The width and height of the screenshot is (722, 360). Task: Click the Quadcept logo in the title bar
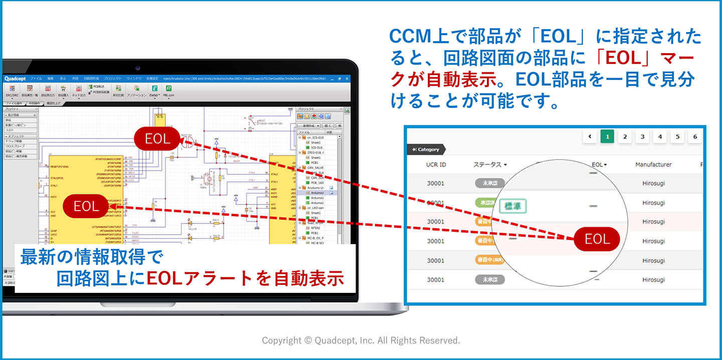[16, 79]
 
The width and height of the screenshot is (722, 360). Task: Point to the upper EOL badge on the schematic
[157, 139]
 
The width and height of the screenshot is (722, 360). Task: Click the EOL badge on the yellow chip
[87, 206]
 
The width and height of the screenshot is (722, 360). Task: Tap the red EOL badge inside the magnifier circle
[597, 239]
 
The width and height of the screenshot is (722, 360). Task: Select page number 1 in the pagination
[607, 136]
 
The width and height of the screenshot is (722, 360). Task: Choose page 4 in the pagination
[660, 136]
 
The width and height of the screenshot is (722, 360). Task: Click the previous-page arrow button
[590, 136]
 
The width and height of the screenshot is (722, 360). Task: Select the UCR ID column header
[436, 164]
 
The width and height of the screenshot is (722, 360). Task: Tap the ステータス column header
[489, 164]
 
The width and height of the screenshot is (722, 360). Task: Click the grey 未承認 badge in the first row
[489, 183]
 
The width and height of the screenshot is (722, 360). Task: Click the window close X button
[346, 79]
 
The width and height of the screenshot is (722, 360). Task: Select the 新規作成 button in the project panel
[309, 125]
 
